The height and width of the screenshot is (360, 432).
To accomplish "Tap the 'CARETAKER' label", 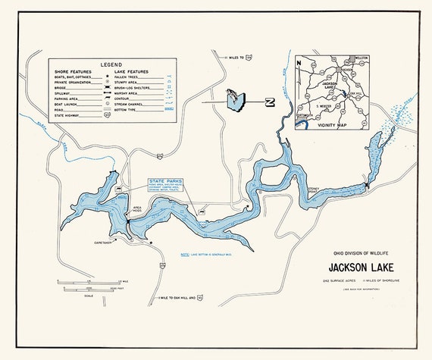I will (104, 243).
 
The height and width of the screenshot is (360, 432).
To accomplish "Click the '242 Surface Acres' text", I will (338, 281).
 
